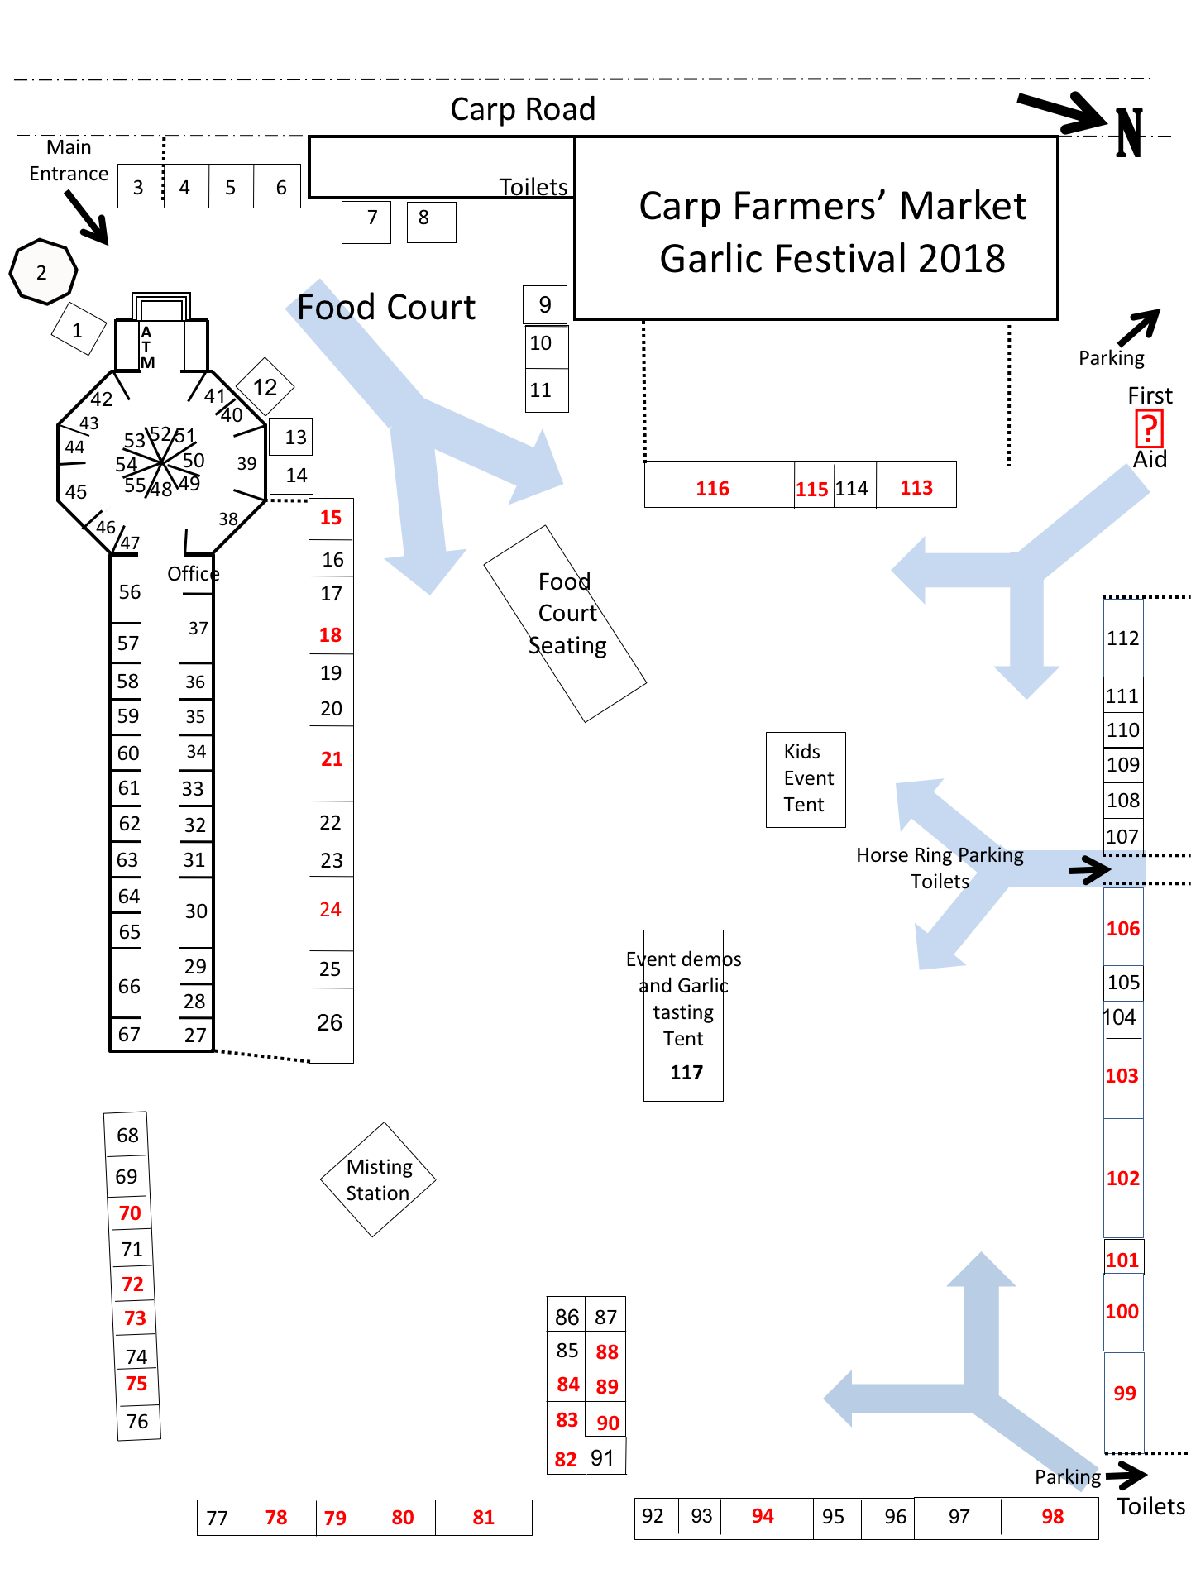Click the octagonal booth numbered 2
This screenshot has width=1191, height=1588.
click(43, 272)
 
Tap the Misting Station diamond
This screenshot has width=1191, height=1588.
click(378, 1179)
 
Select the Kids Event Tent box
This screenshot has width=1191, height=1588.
click(806, 779)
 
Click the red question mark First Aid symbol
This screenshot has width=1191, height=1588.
click(1149, 428)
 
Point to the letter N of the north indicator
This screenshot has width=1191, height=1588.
click(1130, 132)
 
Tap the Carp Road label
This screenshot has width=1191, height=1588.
click(523, 109)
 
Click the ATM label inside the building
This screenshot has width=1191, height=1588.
click(147, 347)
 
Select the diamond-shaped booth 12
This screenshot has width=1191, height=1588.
click(265, 387)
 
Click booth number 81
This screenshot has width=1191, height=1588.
click(484, 1518)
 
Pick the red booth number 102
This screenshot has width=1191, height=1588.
click(1123, 1178)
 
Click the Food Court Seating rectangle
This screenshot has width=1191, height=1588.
click(565, 624)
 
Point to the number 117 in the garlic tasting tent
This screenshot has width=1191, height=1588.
click(686, 1073)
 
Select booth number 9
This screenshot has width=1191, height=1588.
click(545, 304)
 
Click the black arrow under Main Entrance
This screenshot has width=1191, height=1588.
click(87, 218)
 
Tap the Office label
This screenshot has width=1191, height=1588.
click(194, 573)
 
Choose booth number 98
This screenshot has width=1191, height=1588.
click(1050, 1517)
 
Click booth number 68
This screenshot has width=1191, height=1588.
click(127, 1135)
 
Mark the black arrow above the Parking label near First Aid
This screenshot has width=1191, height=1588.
click(1140, 327)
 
